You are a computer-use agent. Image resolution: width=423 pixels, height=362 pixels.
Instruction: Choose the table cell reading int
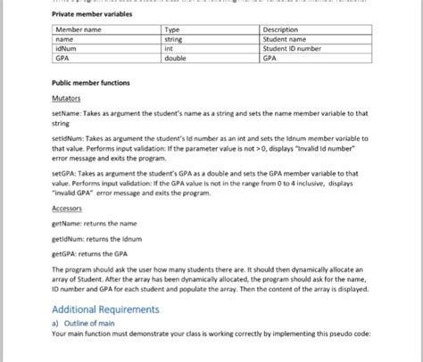click(x=170, y=49)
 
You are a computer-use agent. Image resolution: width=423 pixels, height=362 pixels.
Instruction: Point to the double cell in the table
click(x=176, y=58)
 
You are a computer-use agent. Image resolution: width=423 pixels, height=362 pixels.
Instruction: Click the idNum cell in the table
click(x=66, y=49)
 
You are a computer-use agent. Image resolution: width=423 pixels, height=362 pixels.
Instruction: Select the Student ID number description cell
click(x=290, y=49)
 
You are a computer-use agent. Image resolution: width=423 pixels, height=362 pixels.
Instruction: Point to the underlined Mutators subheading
click(x=66, y=98)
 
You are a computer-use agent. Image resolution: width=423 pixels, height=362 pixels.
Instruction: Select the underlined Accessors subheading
click(x=68, y=208)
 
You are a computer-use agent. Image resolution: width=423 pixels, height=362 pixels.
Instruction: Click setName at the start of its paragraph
click(x=68, y=114)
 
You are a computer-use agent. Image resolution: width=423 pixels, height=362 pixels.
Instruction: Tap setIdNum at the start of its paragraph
click(x=70, y=140)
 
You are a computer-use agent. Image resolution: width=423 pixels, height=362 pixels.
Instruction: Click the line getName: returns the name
click(x=95, y=223)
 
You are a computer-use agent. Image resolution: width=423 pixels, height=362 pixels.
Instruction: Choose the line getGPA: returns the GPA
click(x=92, y=253)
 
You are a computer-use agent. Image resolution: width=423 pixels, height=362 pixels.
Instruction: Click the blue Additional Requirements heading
click(x=105, y=309)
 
